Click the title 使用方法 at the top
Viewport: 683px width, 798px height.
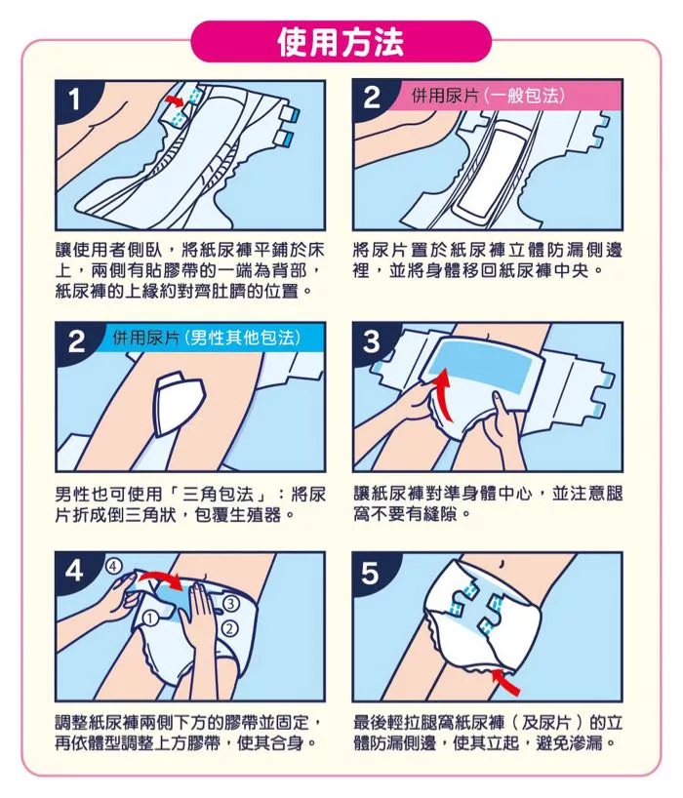[x=341, y=42]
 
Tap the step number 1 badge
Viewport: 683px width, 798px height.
[x=75, y=100]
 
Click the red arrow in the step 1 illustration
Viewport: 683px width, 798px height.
[x=174, y=100]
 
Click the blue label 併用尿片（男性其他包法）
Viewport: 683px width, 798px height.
[x=206, y=337]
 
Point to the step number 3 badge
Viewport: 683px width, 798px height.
[x=372, y=341]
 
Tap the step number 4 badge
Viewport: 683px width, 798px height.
[x=75, y=571]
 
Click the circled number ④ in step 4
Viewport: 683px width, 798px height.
[x=114, y=566]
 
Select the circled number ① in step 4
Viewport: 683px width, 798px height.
[x=150, y=618]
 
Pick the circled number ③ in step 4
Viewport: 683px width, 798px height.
[x=231, y=604]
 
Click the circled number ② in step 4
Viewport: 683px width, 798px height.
[x=230, y=628]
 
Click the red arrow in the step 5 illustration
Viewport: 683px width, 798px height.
[x=505, y=682]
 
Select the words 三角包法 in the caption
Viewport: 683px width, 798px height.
[x=218, y=495]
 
